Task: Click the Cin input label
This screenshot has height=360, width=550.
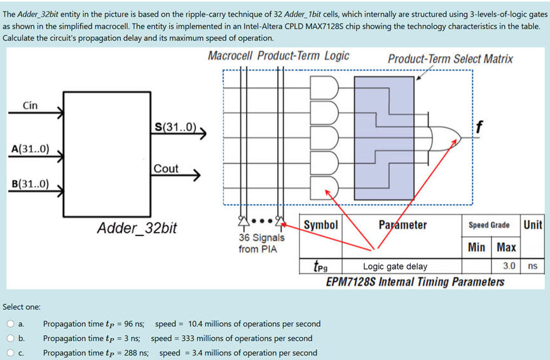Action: pos(30,106)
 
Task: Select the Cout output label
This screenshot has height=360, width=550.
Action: pos(166,169)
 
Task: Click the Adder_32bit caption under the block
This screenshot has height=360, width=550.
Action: pos(137,227)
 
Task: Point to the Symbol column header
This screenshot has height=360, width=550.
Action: pos(321,225)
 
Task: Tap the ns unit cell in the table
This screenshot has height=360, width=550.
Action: pos(533,266)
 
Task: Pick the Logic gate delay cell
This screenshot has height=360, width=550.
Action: pos(395,267)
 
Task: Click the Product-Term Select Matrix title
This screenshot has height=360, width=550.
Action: pos(450,59)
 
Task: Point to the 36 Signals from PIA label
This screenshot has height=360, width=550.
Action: pos(261,243)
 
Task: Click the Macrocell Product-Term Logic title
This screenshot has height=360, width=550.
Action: pos(278,56)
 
